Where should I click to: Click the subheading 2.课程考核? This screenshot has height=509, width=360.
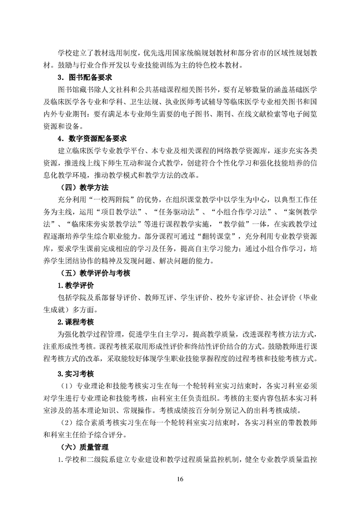(x=75, y=322)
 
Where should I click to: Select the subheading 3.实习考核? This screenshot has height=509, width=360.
(x=75, y=374)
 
